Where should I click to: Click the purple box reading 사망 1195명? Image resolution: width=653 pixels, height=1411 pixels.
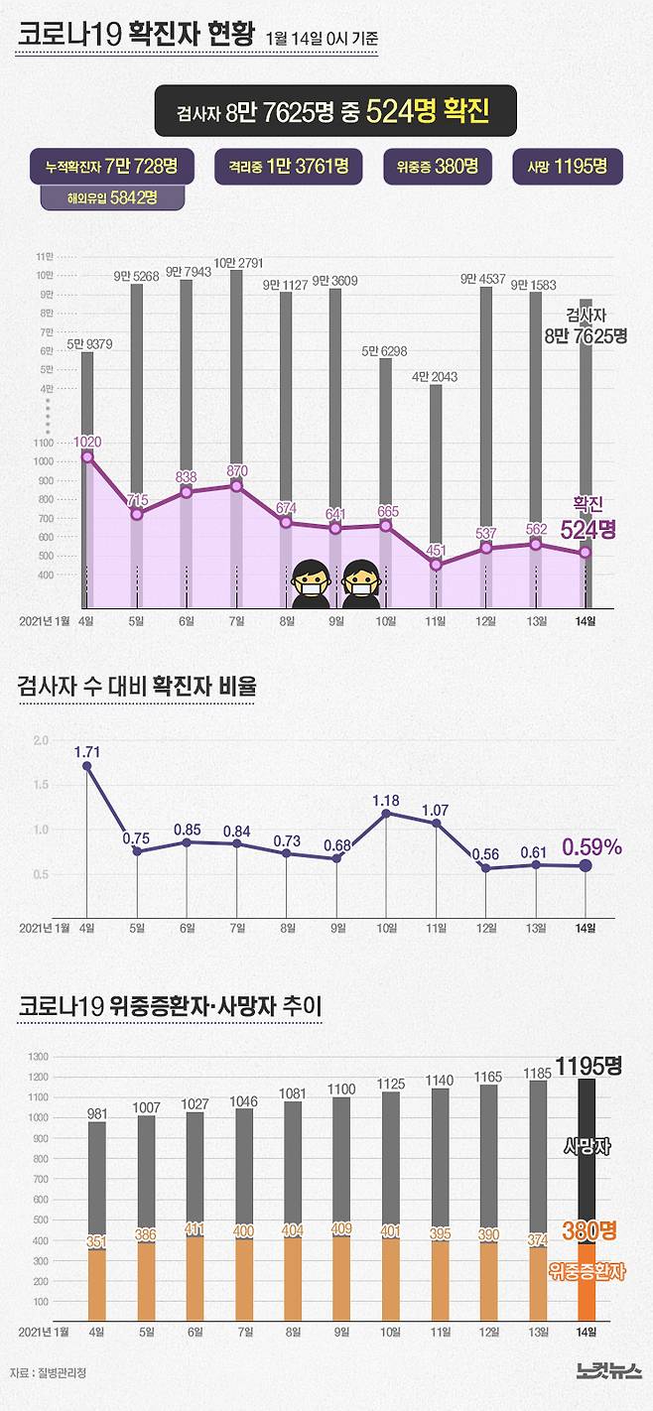[x=568, y=166]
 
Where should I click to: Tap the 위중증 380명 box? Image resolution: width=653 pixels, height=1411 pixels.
[x=438, y=166]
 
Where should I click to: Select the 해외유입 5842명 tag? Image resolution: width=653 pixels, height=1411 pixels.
[x=98, y=197]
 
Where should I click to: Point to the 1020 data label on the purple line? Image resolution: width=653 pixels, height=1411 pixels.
[x=87, y=442]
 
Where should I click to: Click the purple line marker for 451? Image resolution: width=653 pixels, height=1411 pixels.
[x=436, y=565]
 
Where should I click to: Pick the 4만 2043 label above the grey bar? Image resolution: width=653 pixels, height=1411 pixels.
[x=435, y=377]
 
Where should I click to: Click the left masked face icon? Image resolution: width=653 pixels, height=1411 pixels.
[x=311, y=585]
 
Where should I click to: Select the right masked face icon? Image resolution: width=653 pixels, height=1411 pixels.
[x=361, y=585]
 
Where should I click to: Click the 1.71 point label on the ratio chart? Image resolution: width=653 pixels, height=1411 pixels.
[x=87, y=752]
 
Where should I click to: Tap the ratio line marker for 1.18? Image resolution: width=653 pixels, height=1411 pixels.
[x=386, y=814]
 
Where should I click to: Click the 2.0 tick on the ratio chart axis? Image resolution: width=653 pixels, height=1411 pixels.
[x=41, y=741]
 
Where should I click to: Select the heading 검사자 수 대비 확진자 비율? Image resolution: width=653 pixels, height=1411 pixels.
[x=136, y=686]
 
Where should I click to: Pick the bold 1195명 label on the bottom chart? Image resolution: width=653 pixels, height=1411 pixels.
[x=588, y=1067]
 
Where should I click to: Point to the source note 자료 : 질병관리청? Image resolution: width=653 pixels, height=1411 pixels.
[x=49, y=1373]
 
